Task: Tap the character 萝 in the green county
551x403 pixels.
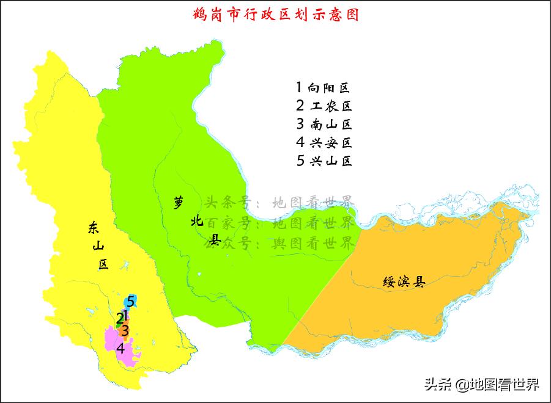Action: (x=178, y=202)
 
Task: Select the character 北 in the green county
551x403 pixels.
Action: (x=196, y=222)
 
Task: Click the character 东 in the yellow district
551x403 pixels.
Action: (x=92, y=229)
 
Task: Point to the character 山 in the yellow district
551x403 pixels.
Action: (x=97, y=246)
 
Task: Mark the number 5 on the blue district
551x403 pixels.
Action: (x=130, y=301)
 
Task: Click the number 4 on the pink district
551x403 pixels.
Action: (x=120, y=349)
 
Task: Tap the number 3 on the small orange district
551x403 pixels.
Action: (x=125, y=331)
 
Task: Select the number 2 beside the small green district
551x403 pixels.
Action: (x=119, y=318)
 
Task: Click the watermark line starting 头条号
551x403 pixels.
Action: (x=278, y=202)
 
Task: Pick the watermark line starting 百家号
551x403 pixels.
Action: (x=278, y=222)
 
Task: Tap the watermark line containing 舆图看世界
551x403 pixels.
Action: (x=278, y=243)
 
